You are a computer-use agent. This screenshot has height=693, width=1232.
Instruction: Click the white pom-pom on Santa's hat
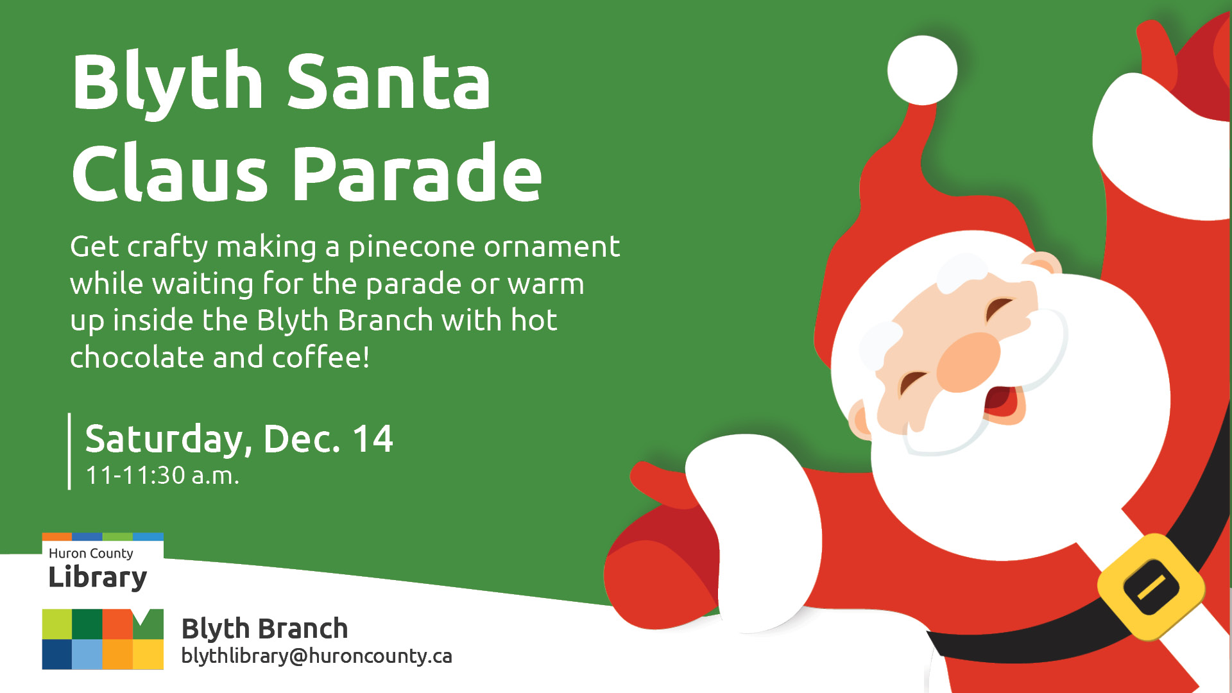[922, 71]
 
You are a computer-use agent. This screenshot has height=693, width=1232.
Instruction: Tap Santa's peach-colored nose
[968, 362]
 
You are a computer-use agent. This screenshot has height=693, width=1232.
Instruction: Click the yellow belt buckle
[1151, 586]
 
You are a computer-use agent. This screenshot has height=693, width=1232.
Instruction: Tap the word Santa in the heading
[389, 82]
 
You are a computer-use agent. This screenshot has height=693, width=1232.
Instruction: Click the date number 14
[372, 439]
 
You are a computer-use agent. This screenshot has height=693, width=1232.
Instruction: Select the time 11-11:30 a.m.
[162, 475]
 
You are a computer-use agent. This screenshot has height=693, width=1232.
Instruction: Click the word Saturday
[164, 440]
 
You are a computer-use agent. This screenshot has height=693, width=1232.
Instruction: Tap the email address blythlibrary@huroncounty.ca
[317, 656]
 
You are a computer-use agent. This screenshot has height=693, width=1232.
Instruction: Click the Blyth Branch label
[265, 628]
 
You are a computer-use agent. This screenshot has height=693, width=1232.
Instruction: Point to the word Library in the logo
[98, 577]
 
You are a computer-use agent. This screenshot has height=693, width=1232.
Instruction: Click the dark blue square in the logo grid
[57, 654]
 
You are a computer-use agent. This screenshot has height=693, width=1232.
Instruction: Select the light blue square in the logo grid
[87, 654]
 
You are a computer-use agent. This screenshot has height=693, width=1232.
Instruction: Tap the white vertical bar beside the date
[69, 451]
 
